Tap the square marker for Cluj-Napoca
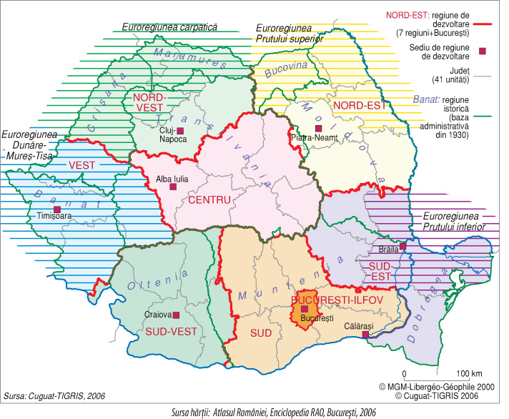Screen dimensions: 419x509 click(x=180, y=130)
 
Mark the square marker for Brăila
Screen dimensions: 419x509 click(x=403, y=246)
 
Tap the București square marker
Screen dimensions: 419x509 click(x=305, y=308)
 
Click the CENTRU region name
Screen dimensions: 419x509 click(x=211, y=200)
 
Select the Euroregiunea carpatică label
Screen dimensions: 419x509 click(x=169, y=27)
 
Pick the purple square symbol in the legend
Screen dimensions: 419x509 click(x=483, y=50)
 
